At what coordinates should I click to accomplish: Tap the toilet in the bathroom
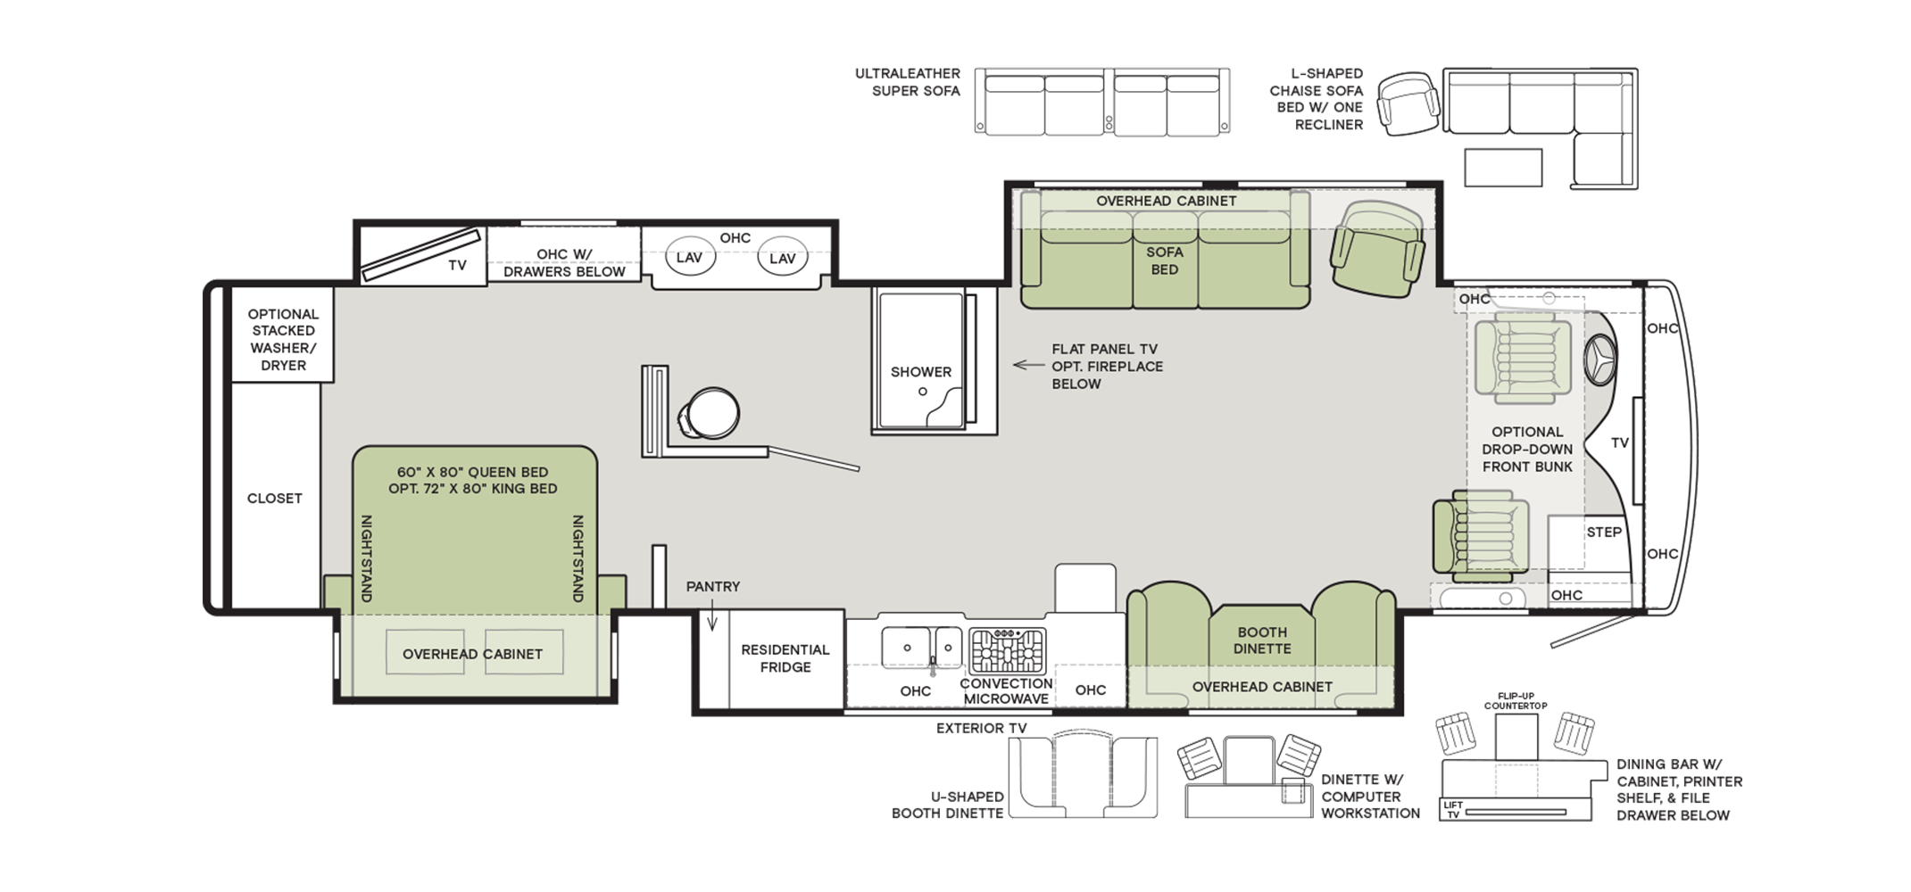click(x=710, y=414)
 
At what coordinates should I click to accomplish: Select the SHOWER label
click(x=921, y=372)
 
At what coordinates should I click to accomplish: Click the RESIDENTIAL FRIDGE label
click(x=785, y=658)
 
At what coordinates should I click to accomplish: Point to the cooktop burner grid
click(x=1008, y=650)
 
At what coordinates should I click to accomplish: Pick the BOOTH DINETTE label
click(x=1262, y=640)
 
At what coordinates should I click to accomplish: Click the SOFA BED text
click(x=1165, y=260)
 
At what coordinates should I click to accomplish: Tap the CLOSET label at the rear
click(x=275, y=499)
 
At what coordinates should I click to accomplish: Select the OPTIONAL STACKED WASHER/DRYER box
click(x=283, y=335)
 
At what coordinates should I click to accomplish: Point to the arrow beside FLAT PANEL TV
click(x=1028, y=365)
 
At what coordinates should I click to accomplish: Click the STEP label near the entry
click(x=1604, y=533)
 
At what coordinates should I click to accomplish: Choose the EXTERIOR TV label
click(x=982, y=729)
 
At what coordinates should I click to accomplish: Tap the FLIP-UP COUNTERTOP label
click(x=1516, y=701)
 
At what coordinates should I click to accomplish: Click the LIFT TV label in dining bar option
click(x=1453, y=810)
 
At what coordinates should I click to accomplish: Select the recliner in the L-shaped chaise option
click(x=1408, y=104)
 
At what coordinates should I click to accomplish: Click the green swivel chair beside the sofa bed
click(x=1377, y=250)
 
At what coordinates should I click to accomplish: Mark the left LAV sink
click(x=689, y=258)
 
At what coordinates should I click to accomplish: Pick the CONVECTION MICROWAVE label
click(x=1006, y=691)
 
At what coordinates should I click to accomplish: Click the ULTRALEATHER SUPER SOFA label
click(x=908, y=82)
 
